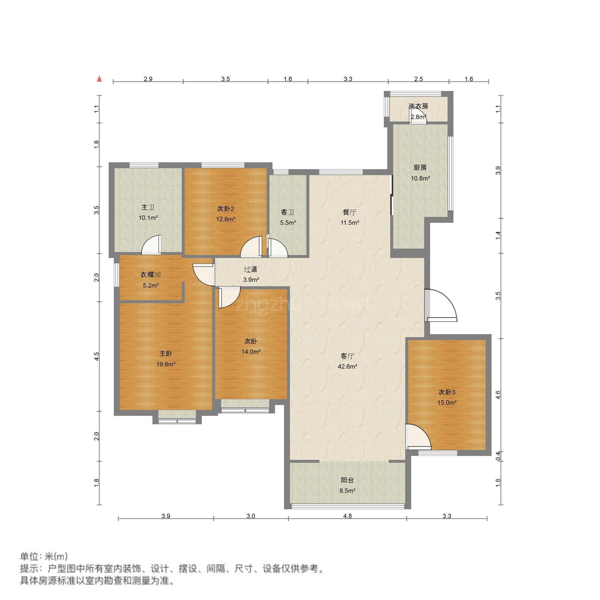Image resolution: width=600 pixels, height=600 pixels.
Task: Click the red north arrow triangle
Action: click(99, 79)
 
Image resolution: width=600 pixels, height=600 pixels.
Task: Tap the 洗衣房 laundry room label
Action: click(418, 106)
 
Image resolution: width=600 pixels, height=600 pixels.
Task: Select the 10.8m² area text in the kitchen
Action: click(420, 178)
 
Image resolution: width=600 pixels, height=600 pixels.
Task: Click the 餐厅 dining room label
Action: click(349, 212)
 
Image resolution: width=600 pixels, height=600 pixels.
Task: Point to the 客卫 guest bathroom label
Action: click(288, 212)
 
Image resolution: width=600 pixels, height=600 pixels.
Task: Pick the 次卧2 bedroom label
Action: click(226, 208)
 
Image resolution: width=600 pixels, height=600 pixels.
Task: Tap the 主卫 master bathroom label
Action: click(148, 207)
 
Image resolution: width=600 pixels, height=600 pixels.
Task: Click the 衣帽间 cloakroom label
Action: click(150, 275)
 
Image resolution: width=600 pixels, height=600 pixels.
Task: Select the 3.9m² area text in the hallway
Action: click(251, 280)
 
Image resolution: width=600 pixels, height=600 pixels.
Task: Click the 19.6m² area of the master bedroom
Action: click(166, 364)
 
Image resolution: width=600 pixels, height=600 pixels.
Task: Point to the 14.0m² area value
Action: click(251, 352)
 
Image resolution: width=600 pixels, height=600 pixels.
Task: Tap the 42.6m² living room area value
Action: click(347, 367)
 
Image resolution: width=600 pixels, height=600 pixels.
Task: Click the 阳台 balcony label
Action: click(347, 480)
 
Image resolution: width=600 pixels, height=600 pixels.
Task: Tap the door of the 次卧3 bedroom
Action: click(418, 437)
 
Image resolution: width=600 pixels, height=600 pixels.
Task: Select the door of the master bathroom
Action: click(152, 244)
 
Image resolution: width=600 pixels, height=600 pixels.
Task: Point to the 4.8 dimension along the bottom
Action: click(347, 516)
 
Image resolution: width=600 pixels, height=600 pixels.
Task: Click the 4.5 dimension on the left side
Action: click(97, 357)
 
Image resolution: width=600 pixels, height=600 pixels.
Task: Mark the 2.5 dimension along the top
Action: click(418, 79)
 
